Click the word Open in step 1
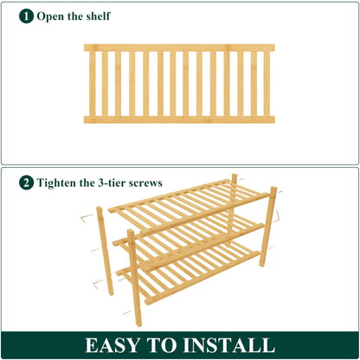coord(52,16)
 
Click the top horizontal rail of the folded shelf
coord(179,48)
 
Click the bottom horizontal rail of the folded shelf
coord(179,119)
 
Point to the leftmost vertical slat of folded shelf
coord(92,83)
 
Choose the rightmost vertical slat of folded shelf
coord(267,83)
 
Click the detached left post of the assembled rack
coord(104,251)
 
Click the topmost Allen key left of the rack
coord(86,217)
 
